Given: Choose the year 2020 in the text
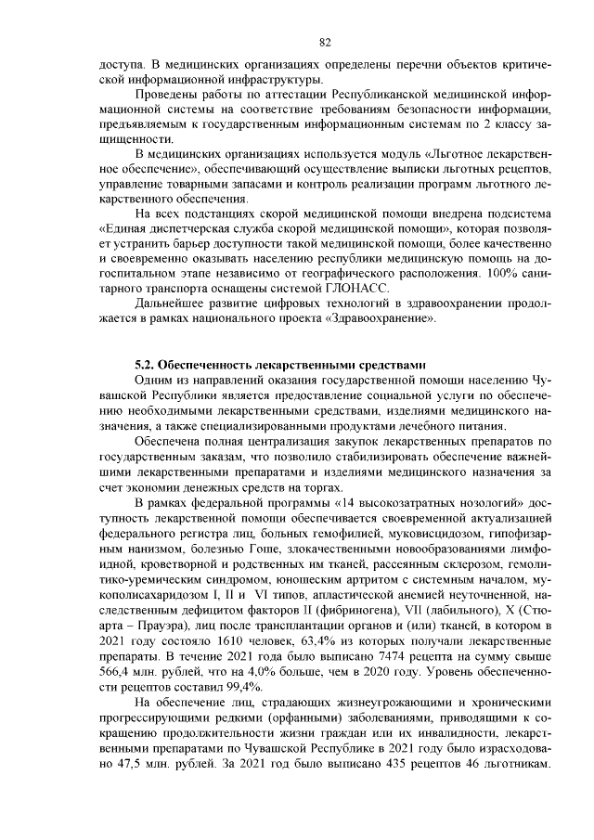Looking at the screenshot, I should click(x=380, y=670).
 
